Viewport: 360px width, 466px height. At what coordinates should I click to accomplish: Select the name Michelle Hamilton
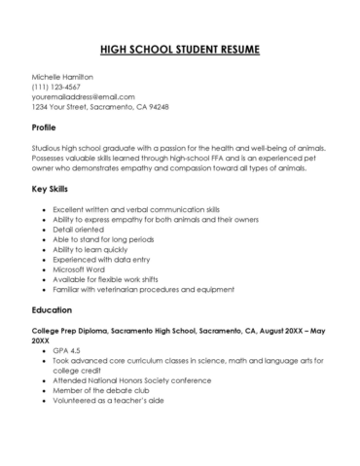point(64,75)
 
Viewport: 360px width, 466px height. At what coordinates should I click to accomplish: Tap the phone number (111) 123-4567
point(57,86)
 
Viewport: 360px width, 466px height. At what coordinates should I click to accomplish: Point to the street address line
point(100,107)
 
